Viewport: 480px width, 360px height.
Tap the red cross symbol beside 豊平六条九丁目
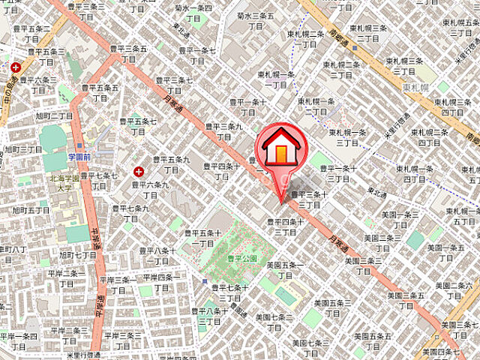(x=138, y=171)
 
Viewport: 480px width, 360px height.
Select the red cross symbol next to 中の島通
(x=16, y=67)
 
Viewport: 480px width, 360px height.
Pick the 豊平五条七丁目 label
(x=137, y=126)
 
